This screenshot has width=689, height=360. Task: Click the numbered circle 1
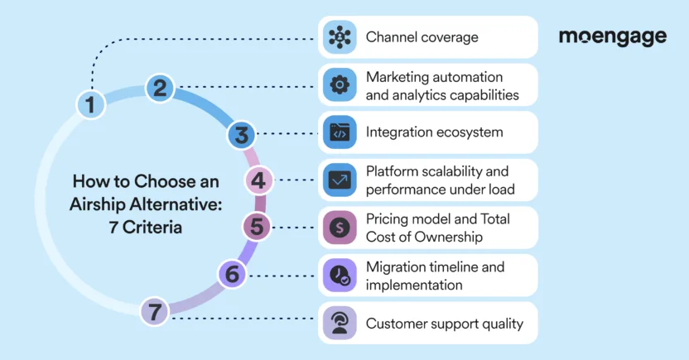coord(90,104)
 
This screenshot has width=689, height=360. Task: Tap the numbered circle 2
coord(161,87)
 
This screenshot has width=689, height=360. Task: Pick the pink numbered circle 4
coord(258,180)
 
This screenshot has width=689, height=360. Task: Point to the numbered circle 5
coord(257,226)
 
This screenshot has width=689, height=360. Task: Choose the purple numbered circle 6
coord(233,273)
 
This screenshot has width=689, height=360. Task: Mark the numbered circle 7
coord(155,311)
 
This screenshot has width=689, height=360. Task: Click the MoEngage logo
coord(612,37)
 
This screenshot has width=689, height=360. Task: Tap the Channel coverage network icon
coord(340,37)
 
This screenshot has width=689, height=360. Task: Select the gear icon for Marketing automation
coord(340,84)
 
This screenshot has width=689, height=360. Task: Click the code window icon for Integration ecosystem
coord(340,132)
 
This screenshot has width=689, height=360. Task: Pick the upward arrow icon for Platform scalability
coord(340,180)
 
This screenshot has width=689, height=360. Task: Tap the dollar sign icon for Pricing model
coord(340,228)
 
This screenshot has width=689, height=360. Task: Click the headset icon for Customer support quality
coord(340,324)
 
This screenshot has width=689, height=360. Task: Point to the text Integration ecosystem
coord(434,132)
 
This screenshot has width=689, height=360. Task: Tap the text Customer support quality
coord(444,324)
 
